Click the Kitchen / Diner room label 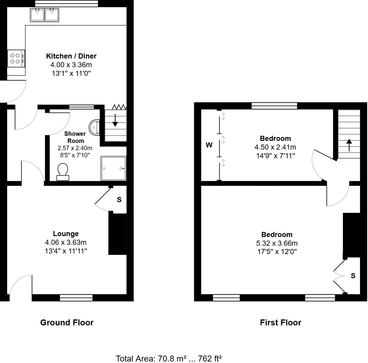click(71, 56)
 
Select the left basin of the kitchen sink click(37, 15)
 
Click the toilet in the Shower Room click(63, 172)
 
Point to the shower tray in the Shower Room click(113, 168)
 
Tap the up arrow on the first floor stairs click(349, 145)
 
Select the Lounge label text click(66, 234)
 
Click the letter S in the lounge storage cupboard click(119, 200)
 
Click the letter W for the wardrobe click(209, 145)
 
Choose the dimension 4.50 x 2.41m click(275, 147)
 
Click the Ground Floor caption click(67, 322)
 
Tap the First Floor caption click(280, 322)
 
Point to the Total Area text click(168, 358)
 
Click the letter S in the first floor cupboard click(353, 276)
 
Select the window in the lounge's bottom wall click(76, 298)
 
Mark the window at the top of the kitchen click(66, 3)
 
